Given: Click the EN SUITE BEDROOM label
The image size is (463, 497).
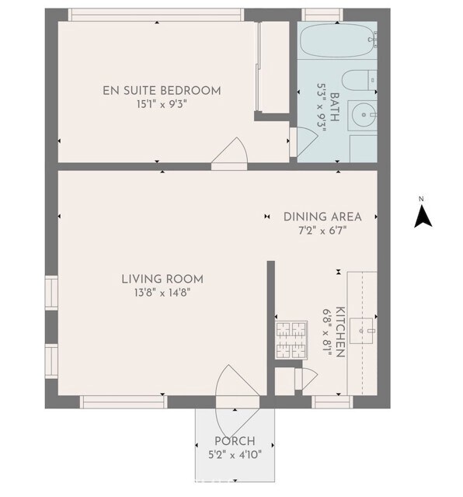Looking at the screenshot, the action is [x=162, y=91].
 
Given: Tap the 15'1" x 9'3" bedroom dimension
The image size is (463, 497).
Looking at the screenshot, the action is [x=162, y=104].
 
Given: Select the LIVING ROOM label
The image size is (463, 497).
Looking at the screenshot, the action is [x=162, y=280].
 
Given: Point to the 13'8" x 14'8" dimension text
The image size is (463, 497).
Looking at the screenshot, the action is [x=162, y=293].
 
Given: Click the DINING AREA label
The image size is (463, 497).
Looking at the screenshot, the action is [x=322, y=217].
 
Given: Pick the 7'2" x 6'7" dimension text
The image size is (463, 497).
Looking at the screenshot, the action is [x=322, y=231].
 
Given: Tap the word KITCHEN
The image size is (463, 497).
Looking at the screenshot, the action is [x=340, y=332].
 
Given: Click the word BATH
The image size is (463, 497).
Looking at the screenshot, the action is [x=335, y=107].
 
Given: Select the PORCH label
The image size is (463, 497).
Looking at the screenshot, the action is [x=235, y=441].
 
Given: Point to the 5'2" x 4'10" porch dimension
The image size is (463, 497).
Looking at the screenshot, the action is [x=235, y=455].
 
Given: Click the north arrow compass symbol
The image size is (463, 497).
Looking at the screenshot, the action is [x=423, y=217].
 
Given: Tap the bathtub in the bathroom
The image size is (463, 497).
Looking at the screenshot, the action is [x=339, y=40].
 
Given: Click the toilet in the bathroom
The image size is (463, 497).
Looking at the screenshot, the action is [x=360, y=80].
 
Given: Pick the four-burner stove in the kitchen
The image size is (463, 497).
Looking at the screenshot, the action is [x=291, y=340].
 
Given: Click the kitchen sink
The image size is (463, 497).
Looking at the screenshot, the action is [x=361, y=331].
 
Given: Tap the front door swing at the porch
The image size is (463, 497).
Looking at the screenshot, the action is [x=237, y=401].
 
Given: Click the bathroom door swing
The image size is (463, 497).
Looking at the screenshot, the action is [x=304, y=141].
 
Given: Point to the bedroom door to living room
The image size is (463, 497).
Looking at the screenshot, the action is [x=229, y=155].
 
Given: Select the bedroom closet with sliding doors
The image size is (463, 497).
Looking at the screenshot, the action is [x=273, y=68].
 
